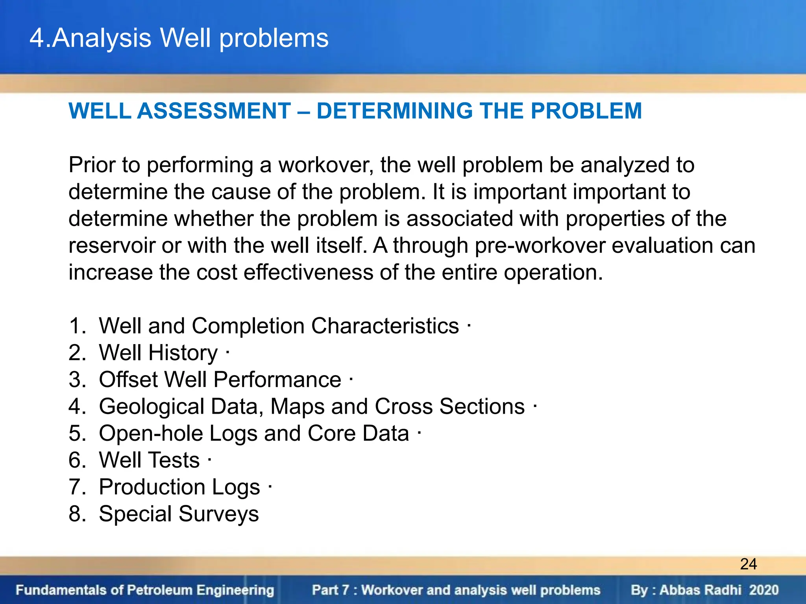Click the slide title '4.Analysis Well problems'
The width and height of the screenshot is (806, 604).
coord(179,38)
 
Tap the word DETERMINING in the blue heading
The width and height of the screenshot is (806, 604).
coord(394,111)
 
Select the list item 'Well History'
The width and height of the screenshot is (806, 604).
coord(158,352)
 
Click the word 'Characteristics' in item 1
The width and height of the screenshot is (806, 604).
coord(385,326)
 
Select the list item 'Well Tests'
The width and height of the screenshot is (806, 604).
coord(149,460)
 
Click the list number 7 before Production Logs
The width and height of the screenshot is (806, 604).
coord(76,487)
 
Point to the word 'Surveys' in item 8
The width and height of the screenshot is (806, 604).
coord(218,514)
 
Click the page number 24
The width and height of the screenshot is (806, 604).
coord(748,564)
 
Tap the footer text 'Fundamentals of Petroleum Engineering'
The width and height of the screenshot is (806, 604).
coord(145,590)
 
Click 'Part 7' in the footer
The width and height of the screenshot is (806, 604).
coord(330,590)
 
